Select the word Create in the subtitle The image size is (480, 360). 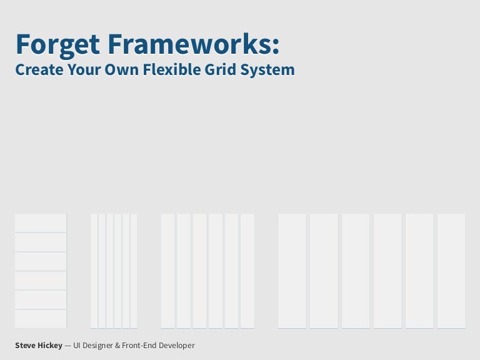37,69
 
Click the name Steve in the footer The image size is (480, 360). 26,345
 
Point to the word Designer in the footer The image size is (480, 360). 98,345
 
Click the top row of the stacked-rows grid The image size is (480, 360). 41,222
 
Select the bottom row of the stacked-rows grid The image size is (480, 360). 41,319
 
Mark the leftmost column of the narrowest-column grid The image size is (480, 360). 94,271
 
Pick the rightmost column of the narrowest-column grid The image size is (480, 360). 134,271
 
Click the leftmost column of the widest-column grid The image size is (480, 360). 292,271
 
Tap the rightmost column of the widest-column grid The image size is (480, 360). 451,271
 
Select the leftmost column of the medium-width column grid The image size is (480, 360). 167,271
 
